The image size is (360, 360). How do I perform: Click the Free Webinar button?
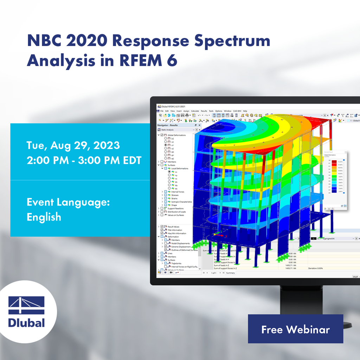point(295,329)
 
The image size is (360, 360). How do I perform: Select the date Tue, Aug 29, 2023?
point(73,145)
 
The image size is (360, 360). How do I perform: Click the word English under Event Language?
point(44,217)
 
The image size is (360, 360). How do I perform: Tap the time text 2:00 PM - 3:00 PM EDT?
point(84,160)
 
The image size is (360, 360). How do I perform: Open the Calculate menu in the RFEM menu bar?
point(195,111)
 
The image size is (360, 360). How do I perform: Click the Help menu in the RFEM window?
point(245,111)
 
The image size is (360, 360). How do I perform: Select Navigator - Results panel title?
point(167,125)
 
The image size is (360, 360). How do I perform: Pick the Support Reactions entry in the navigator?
point(176,208)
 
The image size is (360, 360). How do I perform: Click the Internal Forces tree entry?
point(178,192)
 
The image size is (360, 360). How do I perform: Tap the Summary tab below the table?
point(230,273)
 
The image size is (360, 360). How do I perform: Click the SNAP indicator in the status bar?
point(355,277)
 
